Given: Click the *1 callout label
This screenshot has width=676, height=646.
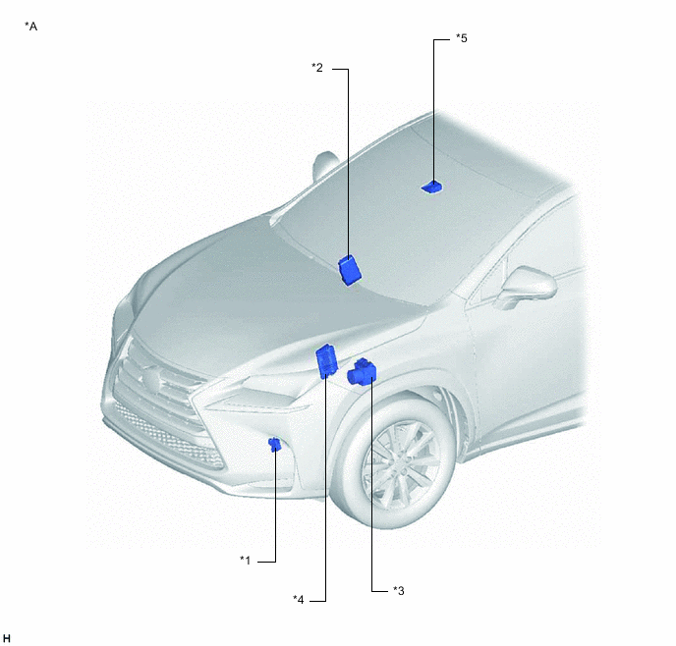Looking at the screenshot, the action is tap(245, 561).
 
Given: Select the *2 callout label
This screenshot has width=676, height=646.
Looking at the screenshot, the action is tap(317, 68).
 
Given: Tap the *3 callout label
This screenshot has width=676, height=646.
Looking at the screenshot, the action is tap(399, 590).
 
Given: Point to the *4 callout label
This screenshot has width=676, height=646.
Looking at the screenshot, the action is tap(299, 600).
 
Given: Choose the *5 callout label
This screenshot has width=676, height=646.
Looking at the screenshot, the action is tap(462, 38).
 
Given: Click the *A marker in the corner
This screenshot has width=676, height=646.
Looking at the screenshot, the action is tap(31, 27).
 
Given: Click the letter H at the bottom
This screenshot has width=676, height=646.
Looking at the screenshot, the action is tap(7, 638).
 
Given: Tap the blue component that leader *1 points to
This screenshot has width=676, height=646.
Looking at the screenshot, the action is tap(274, 444).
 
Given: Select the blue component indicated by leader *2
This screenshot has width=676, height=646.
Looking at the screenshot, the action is tap(350, 270).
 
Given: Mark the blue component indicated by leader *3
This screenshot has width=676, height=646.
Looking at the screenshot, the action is tap(363, 372).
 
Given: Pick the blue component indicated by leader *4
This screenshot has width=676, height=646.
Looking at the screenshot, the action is tap(327, 361).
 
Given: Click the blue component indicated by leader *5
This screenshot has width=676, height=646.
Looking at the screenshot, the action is tap(431, 187).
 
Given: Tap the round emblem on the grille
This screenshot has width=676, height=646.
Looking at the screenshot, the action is tap(151, 379).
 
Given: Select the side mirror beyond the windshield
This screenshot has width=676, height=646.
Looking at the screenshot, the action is tap(324, 166).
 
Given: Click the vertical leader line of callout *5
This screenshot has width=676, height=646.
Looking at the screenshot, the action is tap(433, 112).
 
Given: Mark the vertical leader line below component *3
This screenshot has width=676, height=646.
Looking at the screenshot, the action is tap(372, 484).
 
